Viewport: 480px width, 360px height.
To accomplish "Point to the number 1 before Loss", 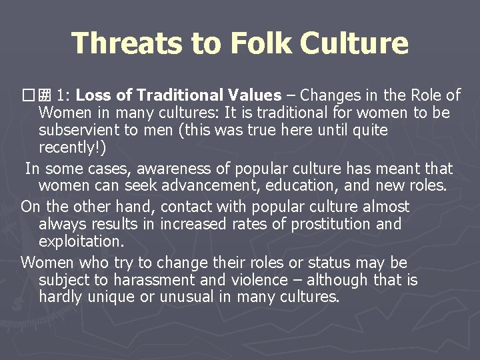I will (x=61, y=95).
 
